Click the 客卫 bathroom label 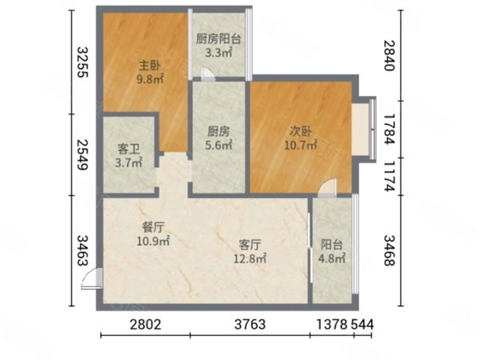[130, 149]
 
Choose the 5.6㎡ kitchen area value [218, 146]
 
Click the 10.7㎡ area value [301, 146]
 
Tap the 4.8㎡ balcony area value [332, 258]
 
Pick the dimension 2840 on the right [390, 56]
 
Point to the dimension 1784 [390, 128]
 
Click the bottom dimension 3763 [250, 324]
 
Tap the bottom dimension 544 [362, 324]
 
